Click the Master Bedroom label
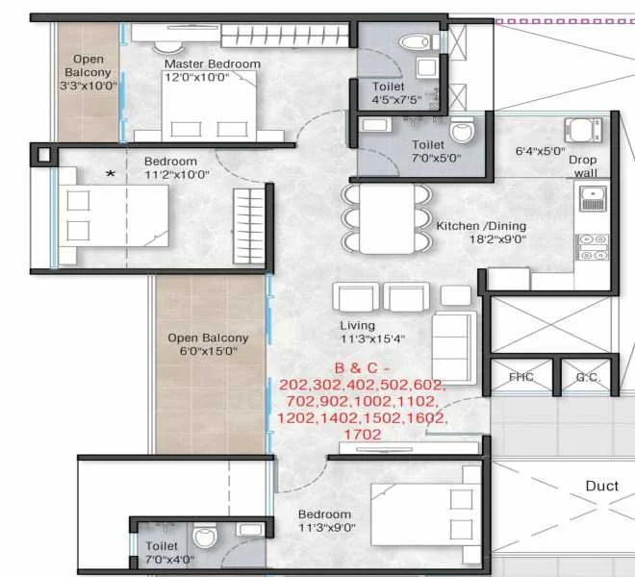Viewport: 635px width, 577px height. point(213,64)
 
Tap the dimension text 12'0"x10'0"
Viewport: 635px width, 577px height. point(197,77)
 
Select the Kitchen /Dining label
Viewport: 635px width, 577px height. point(481,226)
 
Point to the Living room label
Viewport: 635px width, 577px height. point(357,326)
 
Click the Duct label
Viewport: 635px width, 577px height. point(601,486)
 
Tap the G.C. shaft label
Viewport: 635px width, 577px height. point(588,377)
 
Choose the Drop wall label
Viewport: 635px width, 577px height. point(583,166)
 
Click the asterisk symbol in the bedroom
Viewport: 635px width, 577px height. point(111,174)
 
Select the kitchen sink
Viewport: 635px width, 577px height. point(593,198)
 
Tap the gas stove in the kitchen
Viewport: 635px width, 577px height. point(593,247)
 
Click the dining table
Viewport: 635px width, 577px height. point(387,218)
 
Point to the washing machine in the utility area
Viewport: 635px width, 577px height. point(584,130)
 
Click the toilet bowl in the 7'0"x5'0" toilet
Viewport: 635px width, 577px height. point(462,129)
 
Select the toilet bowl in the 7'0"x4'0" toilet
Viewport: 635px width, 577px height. point(205,536)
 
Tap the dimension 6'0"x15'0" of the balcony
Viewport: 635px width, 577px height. point(208,351)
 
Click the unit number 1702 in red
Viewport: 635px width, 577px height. point(363,435)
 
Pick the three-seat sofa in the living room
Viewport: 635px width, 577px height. point(454,347)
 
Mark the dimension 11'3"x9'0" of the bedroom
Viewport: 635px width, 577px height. point(327,528)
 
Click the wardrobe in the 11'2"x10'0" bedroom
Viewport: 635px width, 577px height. point(248,226)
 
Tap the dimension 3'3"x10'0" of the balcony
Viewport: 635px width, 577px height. point(89,86)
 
